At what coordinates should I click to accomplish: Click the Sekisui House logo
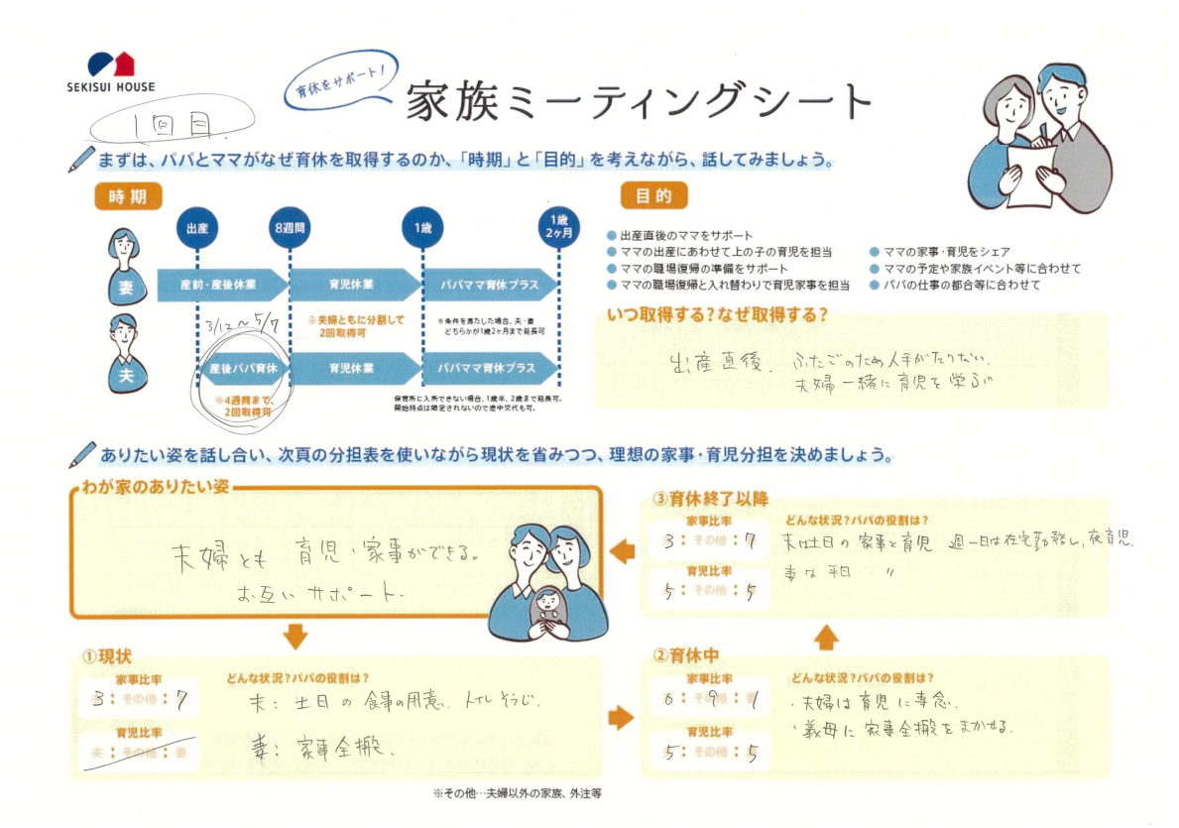tap(109, 72)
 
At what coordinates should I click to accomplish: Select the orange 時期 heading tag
tap(128, 197)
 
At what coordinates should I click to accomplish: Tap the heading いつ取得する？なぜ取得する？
tap(716, 316)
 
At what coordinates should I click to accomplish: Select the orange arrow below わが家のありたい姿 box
tap(295, 635)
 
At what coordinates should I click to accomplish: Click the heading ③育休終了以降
tap(710, 499)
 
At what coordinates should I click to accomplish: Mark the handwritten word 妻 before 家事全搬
tap(261, 747)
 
